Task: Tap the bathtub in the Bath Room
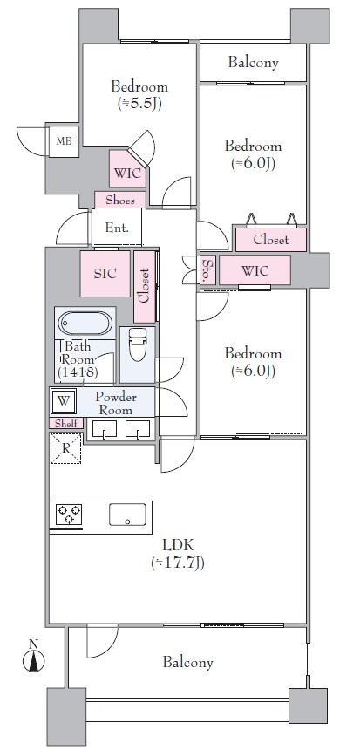pos(85,323)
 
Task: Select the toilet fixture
pos(138,344)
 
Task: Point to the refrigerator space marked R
pos(65,448)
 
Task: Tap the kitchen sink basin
pos(127,515)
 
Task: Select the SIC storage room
pos(105,274)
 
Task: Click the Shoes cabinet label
pos(119,200)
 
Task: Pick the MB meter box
pos(64,141)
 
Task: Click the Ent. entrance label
pos(117,228)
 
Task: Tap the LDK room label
pos(178,545)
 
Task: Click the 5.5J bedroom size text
pos(139,104)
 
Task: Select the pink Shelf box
pos(66,423)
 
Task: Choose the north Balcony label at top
pos(253,62)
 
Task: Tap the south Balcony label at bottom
pos(188,663)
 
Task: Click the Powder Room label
pos(115,403)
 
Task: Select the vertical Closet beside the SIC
pos(145,286)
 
